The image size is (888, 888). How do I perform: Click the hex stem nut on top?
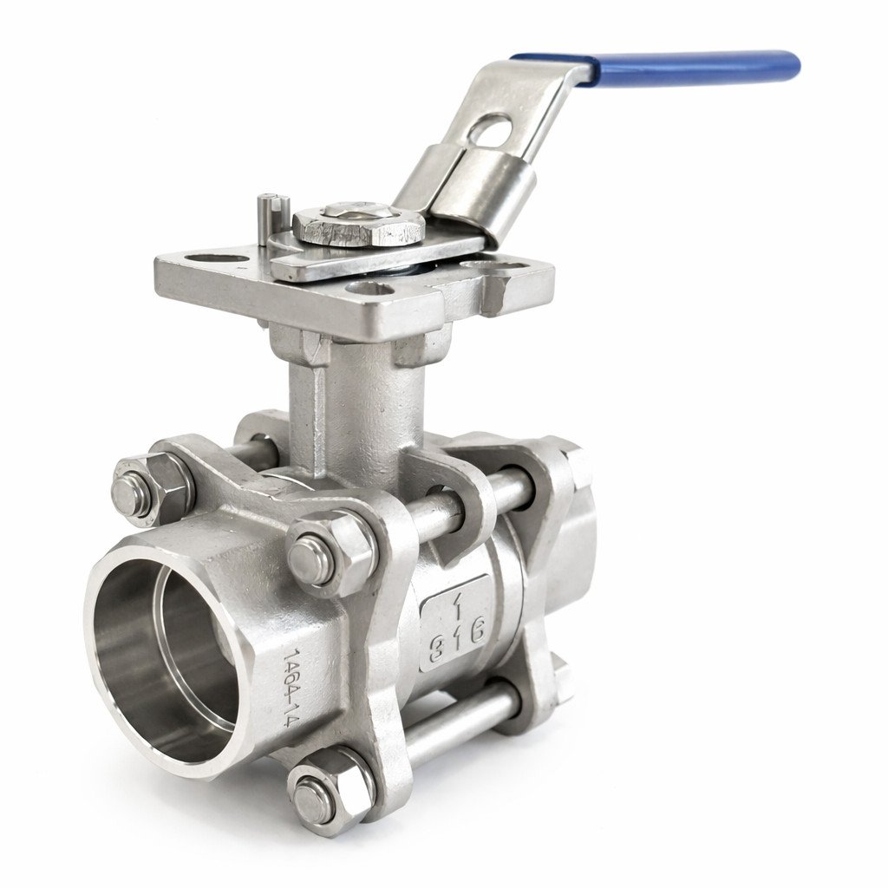point(358,227)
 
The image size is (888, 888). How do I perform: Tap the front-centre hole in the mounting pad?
point(367,290)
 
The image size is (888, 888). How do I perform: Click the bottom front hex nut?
point(328,791)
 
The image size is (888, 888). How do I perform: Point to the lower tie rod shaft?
point(460,724)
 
